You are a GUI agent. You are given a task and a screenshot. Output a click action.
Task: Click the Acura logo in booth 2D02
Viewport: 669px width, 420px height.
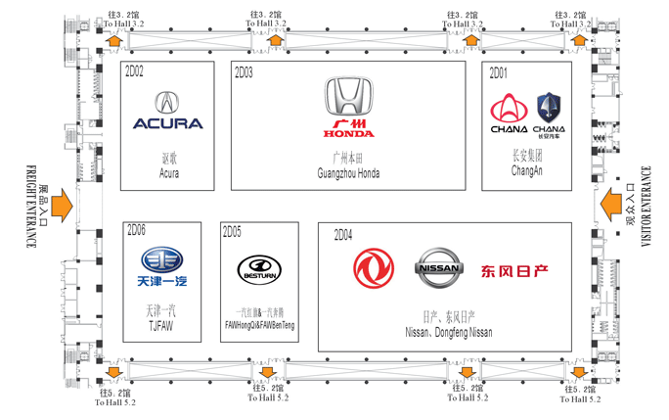click(167, 103)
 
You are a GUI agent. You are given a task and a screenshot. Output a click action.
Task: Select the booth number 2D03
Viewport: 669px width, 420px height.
click(245, 72)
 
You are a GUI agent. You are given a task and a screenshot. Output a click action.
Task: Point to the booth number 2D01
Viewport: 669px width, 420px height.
click(498, 72)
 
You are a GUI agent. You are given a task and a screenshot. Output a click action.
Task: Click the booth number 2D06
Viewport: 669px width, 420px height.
click(135, 231)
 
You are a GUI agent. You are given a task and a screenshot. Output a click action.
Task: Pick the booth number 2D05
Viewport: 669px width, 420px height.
click(232, 231)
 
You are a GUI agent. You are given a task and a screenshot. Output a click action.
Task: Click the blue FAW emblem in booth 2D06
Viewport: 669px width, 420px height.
click(161, 259)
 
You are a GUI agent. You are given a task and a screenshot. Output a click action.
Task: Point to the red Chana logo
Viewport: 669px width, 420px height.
click(509, 108)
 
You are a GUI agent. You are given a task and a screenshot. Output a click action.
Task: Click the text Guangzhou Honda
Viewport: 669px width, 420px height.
click(348, 174)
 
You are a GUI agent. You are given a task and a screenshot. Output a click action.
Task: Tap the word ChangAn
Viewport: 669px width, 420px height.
click(526, 171)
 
